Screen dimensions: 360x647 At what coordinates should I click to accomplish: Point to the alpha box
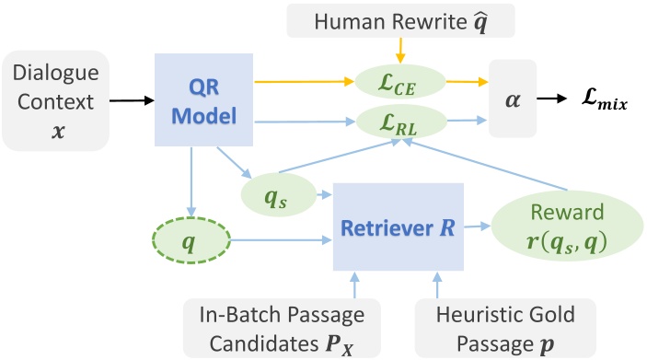coord(514,100)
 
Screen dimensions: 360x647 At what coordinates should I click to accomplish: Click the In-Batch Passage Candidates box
coord(276,326)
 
